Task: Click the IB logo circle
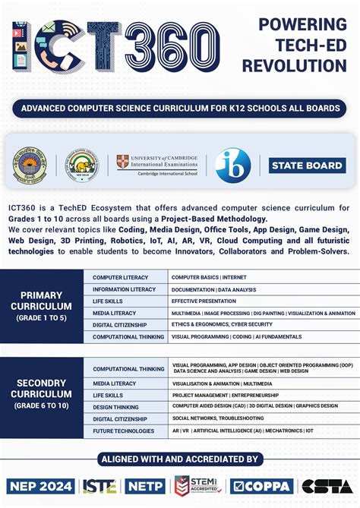(232, 166)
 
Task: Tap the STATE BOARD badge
(308, 165)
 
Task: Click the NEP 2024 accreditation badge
(41, 486)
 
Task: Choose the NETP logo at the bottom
(145, 486)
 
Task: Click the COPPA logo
(257, 486)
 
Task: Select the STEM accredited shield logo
(200, 486)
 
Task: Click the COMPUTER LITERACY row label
(121, 277)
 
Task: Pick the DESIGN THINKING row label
(116, 407)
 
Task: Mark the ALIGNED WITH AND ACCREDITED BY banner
(180, 459)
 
